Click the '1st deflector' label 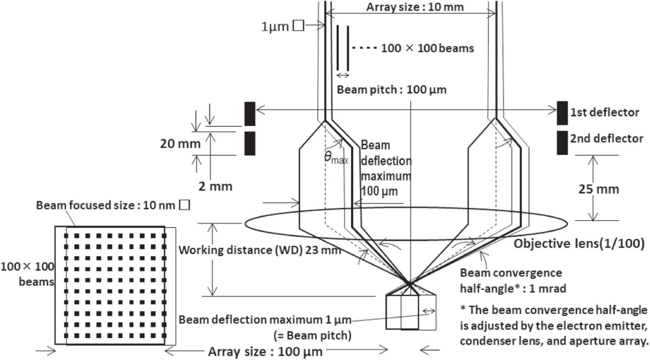tap(604, 112)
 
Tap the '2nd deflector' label tap(606, 139)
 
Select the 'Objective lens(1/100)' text tap(579, 244)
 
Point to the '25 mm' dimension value tap(598, 189)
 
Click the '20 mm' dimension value tap(180, 144)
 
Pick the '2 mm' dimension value tap(215, 187)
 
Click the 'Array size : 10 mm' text tap(415, 7)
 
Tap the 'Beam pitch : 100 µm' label tap(391, 90)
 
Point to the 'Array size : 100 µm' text tap(265, 352)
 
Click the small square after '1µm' tap(299, 25)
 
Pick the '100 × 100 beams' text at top tap(427, 48)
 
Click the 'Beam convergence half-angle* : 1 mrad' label tap(513, 280)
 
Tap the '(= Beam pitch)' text tap(312, 335)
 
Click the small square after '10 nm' tap(185, 205)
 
